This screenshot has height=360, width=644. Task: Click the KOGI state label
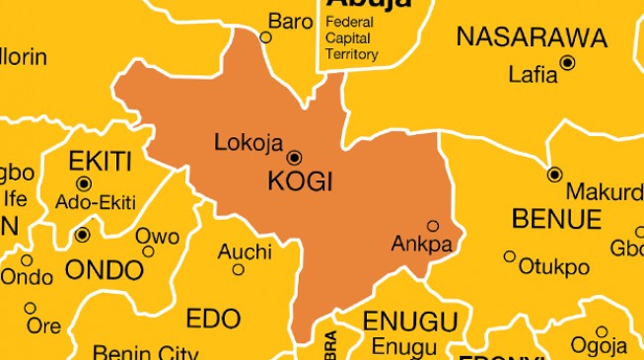pos(301,182)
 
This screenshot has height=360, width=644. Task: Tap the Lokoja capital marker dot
pos(294,158)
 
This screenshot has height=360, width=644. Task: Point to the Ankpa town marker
pos(432,226)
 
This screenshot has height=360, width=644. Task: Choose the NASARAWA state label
pos(532,38)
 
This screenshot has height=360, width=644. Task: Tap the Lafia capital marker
pos(567,63)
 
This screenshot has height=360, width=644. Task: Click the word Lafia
pos(533,74)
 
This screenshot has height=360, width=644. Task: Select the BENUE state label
pos(556,217)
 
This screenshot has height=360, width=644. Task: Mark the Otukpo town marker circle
pos(510,256)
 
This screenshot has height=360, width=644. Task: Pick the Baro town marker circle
pos(265,37)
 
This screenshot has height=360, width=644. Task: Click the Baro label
pos(291,21)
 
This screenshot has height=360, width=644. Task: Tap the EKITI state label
pos(99,161)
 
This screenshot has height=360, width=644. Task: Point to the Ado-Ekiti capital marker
pos(83,183)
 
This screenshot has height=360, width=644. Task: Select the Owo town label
pos(158,237)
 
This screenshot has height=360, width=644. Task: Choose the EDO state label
pos(213,318)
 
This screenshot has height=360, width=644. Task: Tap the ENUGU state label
pos(410,322)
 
